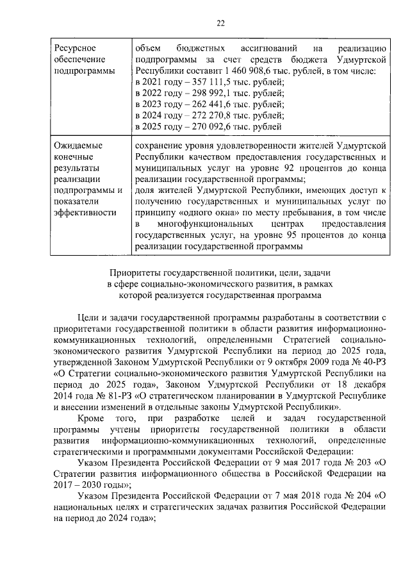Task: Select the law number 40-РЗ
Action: point(373,363)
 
